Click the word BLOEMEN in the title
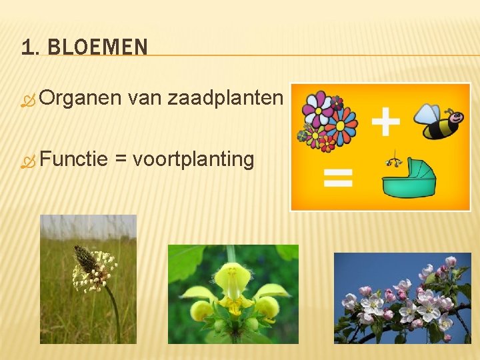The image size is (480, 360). coord(98,47)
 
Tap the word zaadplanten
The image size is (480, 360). coord(225,99)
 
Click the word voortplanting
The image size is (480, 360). coord(193,160)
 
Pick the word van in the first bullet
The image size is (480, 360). coord(144,99)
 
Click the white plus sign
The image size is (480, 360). coord(385,123)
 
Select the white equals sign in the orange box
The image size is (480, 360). coord(338,177)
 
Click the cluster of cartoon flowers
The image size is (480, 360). coord(328,121)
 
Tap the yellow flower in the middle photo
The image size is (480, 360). coord(233,287)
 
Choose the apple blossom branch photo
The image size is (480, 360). coord(402,297)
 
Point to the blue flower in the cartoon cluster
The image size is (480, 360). coord(343,125)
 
